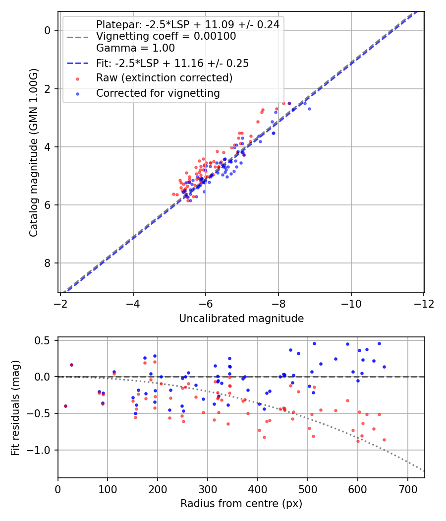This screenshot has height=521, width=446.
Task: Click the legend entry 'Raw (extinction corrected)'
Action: (x=164, y=78)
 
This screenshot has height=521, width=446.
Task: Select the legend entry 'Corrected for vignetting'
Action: (x=158, y=93)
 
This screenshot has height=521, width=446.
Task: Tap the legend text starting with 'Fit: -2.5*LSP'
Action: (x=172, y=63)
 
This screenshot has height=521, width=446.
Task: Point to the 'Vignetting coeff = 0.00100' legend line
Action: (x=166, y=36)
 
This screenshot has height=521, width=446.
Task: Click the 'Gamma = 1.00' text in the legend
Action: (x=135, y=48)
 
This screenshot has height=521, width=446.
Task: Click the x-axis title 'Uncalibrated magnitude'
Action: (x=241, y=319)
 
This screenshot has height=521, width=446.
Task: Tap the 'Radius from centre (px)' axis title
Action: (x=241, y=504)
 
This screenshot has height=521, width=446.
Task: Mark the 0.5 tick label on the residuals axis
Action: (x=45, y=340)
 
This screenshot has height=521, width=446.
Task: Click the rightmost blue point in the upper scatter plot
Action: (x=309, y=109)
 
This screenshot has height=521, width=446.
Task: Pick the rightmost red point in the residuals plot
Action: (x=384, y=440)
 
